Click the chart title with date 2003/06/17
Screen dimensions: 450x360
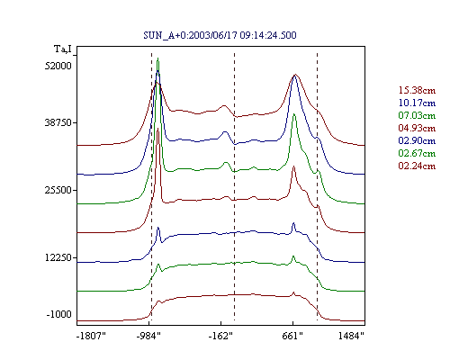click(220, 35)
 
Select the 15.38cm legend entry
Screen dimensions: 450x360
click(417, 90)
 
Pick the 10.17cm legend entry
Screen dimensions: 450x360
click(417, 103)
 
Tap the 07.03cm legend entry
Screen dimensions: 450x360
click(417, 115)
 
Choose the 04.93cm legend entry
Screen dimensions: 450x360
click(417, 128)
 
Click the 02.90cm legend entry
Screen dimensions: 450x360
click(417, 140)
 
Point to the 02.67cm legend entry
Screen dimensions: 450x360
click(417, 153)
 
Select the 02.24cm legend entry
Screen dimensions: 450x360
click(417, 166)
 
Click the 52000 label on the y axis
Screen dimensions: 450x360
click(58, 66)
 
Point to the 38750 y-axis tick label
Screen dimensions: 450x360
click(58, 122)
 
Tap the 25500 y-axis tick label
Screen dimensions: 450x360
click(58, 190)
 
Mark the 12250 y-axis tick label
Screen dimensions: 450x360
click(58, 257)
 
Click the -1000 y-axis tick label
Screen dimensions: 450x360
click(59, 314)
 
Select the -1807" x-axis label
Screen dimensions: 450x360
click(92, 336)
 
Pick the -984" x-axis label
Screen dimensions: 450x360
click(148, 336)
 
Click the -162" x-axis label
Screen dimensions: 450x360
click(220, 336)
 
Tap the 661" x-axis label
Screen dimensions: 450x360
click(292, 336)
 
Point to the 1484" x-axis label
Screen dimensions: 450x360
click(351, 336)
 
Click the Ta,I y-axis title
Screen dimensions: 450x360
click(63, 49)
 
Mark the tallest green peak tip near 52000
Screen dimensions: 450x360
click(157, 58)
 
